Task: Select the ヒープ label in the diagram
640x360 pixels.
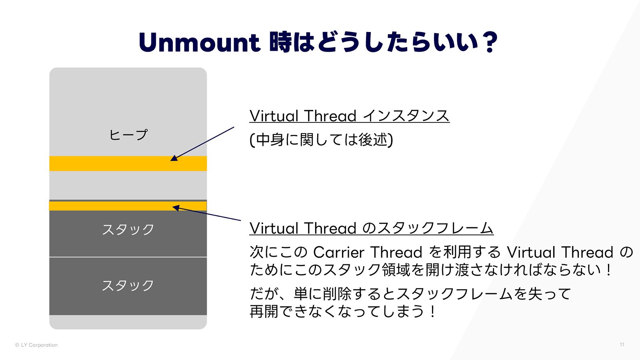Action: point(128,135)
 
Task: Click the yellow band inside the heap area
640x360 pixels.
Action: point(128,164)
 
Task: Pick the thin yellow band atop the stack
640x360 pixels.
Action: point(128,206)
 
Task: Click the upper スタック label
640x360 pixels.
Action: point(128,230)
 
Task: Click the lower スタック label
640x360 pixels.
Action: point(128,286)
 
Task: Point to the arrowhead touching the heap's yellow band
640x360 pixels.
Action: point(174,158)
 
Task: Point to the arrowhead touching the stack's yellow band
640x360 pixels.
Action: point(176,208)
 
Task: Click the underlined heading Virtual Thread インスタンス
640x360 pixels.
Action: point(349,116)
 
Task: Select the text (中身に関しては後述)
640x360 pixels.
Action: point(321,140)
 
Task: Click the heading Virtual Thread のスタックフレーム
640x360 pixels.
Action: point(371,228)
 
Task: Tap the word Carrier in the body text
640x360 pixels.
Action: point(338,252)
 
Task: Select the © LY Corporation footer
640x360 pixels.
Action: point(36,345)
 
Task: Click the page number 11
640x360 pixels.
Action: point(622,344)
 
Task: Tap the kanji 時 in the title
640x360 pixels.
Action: point(280,42)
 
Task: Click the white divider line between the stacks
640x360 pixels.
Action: point(128,257)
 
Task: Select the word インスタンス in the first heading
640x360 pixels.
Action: point(406,116)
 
